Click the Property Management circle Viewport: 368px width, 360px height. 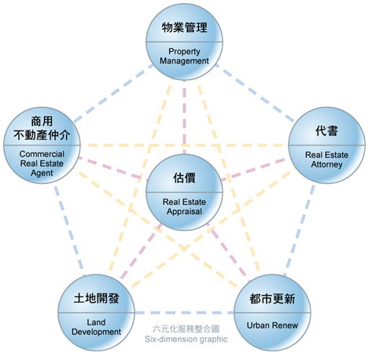[184, 42]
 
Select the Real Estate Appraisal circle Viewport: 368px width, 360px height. [184, 193]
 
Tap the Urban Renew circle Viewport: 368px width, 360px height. [272, 313]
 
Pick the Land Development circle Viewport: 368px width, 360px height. [96, 313]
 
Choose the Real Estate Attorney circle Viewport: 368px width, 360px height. [327, 145]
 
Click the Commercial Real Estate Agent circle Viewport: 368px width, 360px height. [42, 145]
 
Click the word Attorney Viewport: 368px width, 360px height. [327, 164]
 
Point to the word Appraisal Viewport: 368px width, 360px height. [184, 211]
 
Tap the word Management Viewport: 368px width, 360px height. [184, 61]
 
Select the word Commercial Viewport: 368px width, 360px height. [42, 154]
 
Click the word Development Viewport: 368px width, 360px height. [96, 332]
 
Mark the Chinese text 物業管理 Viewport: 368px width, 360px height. [184, 28]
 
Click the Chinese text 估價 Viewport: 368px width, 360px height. [184, 178]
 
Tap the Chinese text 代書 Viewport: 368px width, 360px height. [327, 130]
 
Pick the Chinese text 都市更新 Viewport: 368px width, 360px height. [272, 299]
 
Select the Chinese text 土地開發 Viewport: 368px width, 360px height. [96, 298]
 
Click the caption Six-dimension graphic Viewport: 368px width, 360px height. [186, 339]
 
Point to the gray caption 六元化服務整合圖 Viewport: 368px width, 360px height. [186, 329]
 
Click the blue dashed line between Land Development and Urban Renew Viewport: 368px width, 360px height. [184, 313]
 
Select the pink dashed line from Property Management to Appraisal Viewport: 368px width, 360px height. [184, 117]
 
